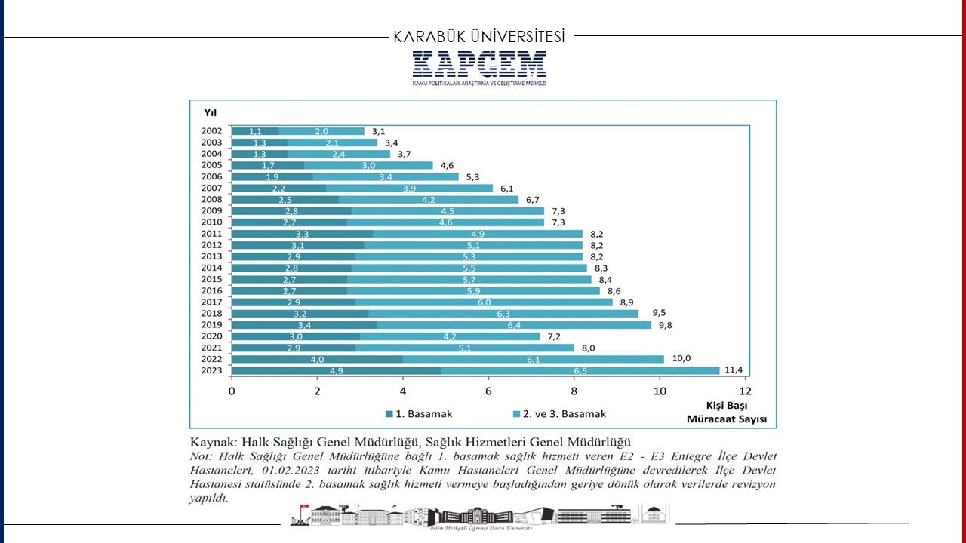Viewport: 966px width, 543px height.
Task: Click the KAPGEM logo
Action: click(479, 66)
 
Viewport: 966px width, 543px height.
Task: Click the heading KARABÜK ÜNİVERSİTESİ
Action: click(479, 36)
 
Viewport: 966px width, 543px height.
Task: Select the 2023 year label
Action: click(211, 370)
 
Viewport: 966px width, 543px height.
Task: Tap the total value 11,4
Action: click(734, 370)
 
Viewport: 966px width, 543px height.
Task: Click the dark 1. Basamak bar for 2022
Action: click(317, 359)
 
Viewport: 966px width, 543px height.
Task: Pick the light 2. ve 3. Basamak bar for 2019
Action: click(514, 325)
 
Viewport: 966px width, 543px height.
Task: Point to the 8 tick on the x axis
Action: click(574, 391)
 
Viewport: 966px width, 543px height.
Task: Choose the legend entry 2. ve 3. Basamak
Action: click(558, 413)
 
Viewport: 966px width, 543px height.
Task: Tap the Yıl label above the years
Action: click(210, 112)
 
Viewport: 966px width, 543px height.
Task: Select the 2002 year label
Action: click(211, 131)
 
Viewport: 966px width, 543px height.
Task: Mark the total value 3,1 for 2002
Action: click(379, 131)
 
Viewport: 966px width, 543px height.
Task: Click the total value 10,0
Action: click(681, 358)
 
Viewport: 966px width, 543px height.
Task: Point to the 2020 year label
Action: click(211, 336)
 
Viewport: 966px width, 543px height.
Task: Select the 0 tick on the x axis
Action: click(232, 391)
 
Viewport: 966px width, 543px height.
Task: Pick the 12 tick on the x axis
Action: click(746, 391)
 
